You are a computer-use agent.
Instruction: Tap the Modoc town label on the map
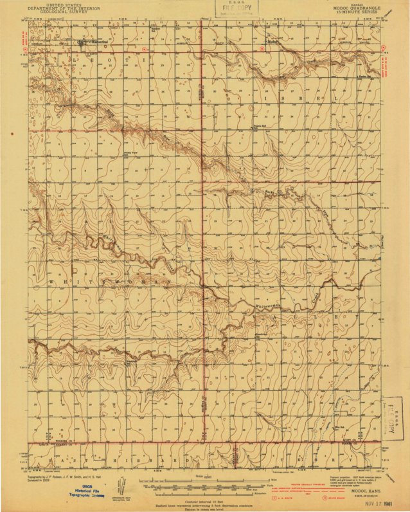[272, 42]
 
